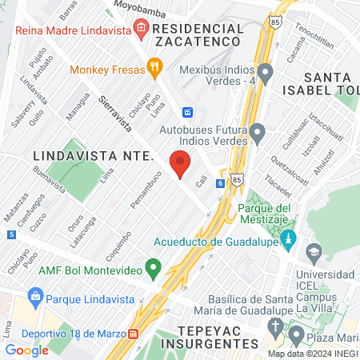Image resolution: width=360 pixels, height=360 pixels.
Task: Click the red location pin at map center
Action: [180, 164]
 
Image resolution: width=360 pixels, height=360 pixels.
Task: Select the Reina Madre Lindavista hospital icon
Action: [141, 29]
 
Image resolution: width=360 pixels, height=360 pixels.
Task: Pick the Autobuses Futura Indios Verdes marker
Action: [257, 131]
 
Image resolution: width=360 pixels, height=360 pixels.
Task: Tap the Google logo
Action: [26, 350]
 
